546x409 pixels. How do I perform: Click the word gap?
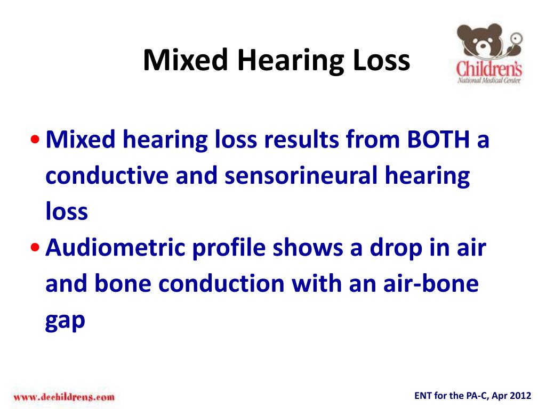(65, 322)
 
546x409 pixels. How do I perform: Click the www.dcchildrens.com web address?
(64, 397)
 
